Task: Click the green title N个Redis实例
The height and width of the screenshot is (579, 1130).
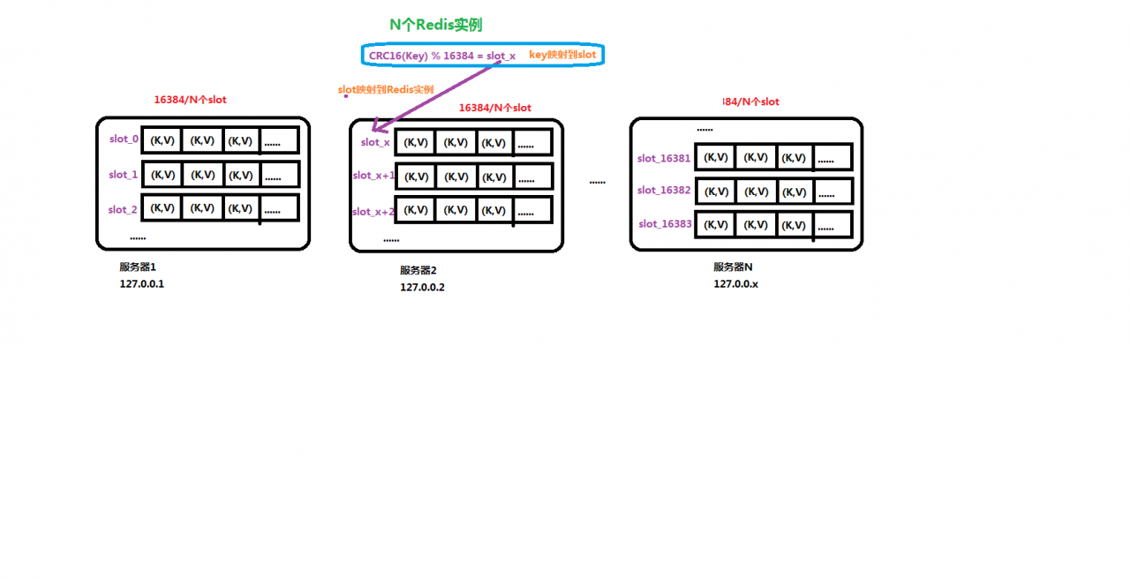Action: [x=436, y=25]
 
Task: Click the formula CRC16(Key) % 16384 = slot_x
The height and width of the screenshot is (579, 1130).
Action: [x=442, y=55]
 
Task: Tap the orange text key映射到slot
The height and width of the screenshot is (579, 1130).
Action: [x=562, y=55]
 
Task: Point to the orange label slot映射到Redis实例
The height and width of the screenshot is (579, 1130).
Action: [x=386, y=89]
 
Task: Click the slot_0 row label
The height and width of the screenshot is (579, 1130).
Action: [x=124, y=139]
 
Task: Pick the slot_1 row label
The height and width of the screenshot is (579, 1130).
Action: [x=124, y=175]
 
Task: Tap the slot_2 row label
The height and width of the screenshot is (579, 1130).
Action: [x=123, y=210]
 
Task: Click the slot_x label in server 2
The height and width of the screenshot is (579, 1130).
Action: [x=375, y=142]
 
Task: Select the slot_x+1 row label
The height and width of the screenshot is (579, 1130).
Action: [x=373, y=176]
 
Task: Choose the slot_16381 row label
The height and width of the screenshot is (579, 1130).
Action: [x=664, y=159]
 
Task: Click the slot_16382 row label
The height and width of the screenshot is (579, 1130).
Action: [x=664, y=191]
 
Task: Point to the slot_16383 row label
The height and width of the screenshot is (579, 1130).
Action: [x=665, y=224]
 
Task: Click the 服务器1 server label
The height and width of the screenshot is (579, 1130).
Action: [x=138, y=267]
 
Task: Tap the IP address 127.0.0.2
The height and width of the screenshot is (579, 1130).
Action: [x=422, y=287]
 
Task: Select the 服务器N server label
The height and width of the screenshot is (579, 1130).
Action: [x=733, y=267]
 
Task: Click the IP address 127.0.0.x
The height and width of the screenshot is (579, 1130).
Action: [x=736, y=283]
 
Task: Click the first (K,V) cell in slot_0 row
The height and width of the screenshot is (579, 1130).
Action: [x=162, y=139]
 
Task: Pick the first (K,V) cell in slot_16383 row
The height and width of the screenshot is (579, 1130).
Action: [x=716, y=225]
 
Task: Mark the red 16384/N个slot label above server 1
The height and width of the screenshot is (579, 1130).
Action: [x=190, y=100]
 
